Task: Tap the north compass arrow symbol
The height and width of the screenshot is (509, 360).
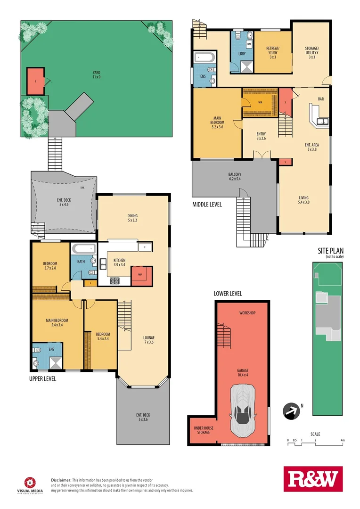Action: click(292, 411)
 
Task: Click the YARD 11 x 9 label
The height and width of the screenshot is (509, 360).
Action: click(96, 75)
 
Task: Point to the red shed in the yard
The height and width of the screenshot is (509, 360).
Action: click(35, 81)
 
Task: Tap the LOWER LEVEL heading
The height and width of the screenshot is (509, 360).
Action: click(228, 293)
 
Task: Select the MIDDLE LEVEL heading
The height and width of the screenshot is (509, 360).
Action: click(207, 205)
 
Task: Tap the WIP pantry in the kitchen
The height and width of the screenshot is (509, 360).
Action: click(141, 276)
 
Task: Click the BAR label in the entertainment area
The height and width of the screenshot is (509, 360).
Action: click(321, 99)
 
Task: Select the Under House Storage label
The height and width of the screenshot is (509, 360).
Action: click(202, 431)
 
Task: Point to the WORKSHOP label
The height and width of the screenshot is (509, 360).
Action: click(247, 313)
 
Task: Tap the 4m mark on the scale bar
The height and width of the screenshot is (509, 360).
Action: click(343, 440)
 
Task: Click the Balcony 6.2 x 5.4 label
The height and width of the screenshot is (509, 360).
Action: click(235, 177)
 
